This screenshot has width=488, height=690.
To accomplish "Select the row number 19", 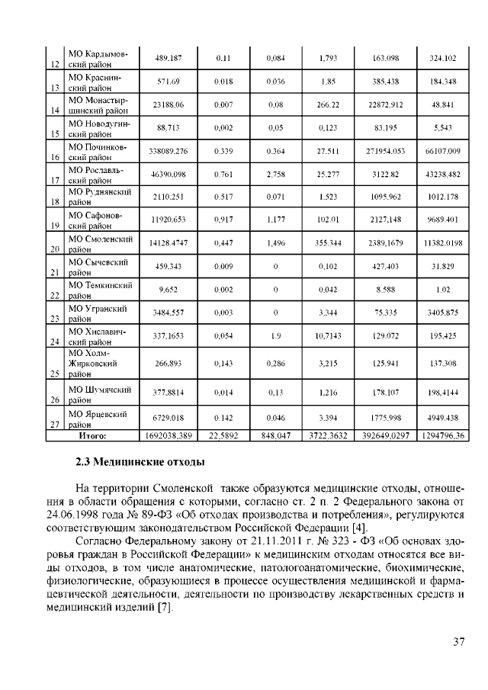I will tap(54, 226).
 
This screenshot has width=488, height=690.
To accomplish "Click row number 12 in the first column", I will tap(54, 64).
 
